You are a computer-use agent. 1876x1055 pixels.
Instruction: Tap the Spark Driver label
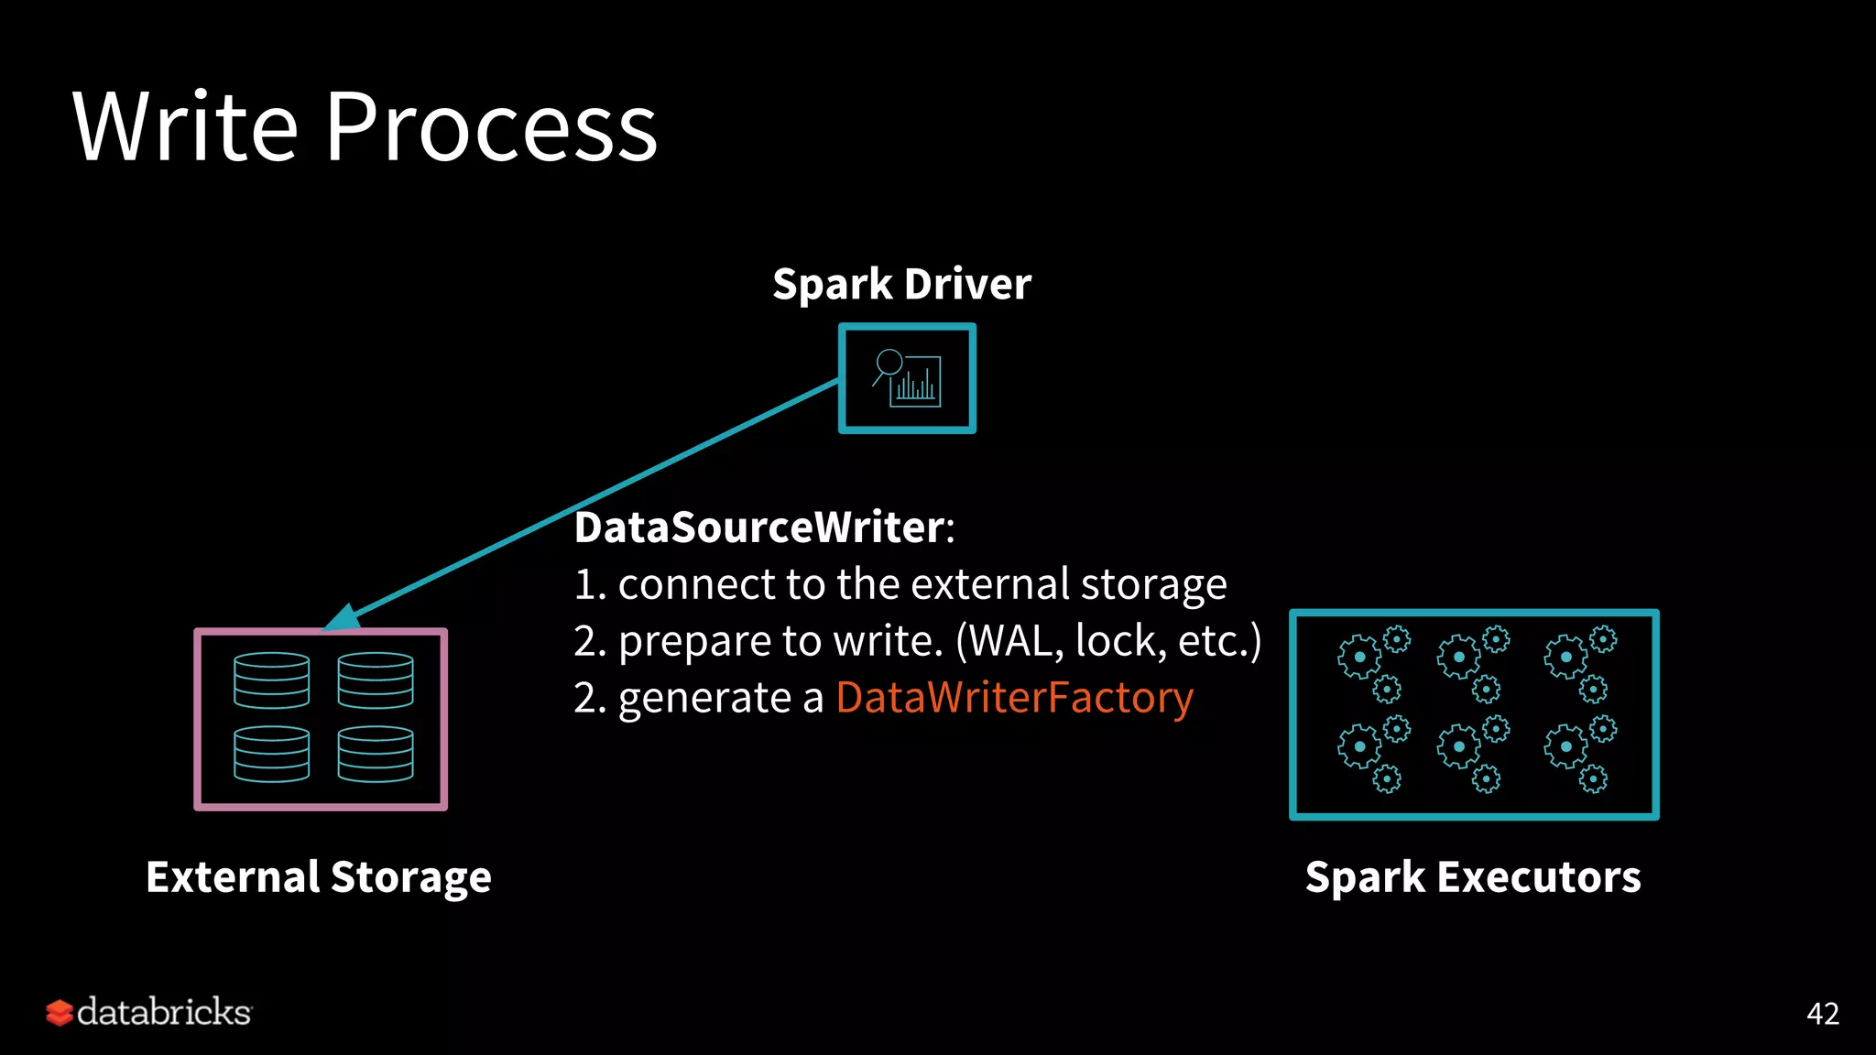pos(901,284)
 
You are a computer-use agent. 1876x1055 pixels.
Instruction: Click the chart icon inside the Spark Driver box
pos(908,378)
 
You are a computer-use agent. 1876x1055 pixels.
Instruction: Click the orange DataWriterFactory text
pos(1014,698)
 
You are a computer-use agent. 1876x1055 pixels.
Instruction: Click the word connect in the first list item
pos(696,584)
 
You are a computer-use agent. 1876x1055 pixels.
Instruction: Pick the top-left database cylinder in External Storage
pos(271,680)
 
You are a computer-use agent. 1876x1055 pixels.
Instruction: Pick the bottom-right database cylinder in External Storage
pos(376,754)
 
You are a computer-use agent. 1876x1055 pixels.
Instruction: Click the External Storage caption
pos(319,876)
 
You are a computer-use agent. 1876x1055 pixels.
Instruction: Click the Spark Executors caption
pos(1473,876)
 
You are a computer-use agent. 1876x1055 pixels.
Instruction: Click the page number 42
pos(1822,1014)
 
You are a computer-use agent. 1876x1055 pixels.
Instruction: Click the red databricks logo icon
pos(60,1013)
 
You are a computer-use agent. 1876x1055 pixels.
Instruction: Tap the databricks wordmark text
pos(164,1013)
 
